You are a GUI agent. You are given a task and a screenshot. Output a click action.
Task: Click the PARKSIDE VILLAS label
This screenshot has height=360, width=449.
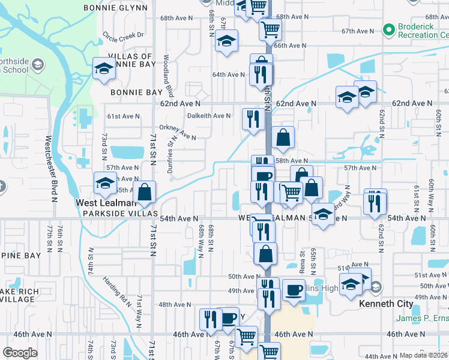click(121, 214)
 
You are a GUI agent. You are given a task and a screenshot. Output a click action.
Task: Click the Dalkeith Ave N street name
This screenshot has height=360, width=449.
click(208, 116)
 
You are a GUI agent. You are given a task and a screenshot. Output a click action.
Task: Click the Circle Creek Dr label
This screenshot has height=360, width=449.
click(124, 35)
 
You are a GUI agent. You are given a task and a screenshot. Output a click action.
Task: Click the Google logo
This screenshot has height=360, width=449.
click(20, 353)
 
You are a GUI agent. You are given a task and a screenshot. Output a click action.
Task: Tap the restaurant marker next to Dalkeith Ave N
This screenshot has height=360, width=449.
click(251, 118)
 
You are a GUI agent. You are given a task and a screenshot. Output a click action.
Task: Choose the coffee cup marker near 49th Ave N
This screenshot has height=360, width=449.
click(294, 290)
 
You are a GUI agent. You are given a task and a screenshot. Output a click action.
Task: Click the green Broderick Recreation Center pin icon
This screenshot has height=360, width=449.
click(388, 28)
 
